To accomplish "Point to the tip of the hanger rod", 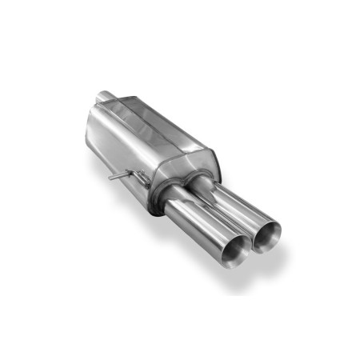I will (x=112, y=175).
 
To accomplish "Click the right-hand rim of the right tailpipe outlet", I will (x=281, y=234).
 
